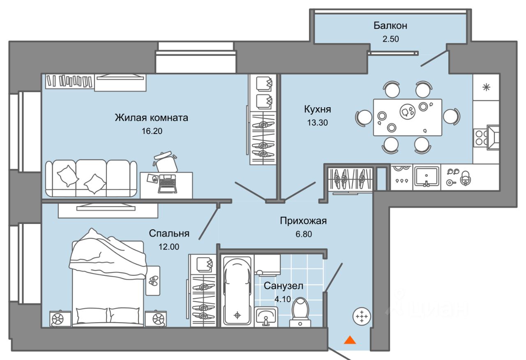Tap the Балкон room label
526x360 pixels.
pyautogui.click(x=390, y=25)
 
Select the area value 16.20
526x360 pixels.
pyautogui.click(x=152, y=131)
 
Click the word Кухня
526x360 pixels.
pyautogui.click(x=318, y=109)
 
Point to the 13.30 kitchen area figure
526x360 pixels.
pyautogui.click(x=318, y=122)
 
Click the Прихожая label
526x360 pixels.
pyautogui.click(x=303, y=221)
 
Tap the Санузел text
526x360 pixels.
pyautogui.click(x=284, y=286)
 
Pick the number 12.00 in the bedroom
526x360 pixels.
pyautogui.click(x=169, y=247)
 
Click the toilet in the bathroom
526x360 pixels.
pyautogui.click(x=300, y=313)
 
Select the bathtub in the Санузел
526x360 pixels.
pyautogui.click(x=237, y=291)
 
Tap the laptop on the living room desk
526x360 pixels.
pyautogui.click(x=167, y=183)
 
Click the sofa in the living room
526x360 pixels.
pyautogui.click(x=91, y=178)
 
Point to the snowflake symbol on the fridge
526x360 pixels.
pyautogui.click(x=486, y=88)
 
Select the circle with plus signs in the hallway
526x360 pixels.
pyautogui.click(x=362, y=316)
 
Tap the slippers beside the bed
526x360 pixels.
pyautogui.click(x=153, y=281)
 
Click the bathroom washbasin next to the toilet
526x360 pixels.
pyautogui.click(x=265, y=316)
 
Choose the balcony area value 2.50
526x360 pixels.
pyautogui.click(x=390, y=39)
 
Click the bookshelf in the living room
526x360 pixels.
pyautogui.click(x=69, y=81)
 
